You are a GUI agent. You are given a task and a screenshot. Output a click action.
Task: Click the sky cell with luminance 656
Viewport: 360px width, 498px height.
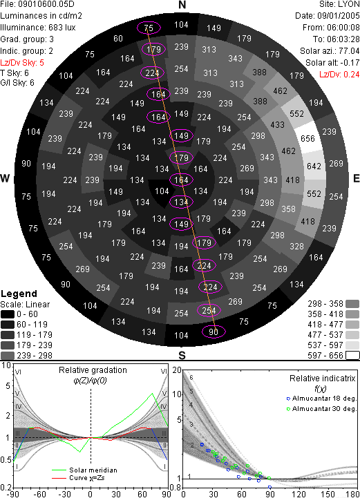[x=308, y=138]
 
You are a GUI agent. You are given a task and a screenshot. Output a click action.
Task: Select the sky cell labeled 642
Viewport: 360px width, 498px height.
[x=314, y=166]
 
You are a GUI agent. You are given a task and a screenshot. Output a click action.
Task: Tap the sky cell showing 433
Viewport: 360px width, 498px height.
[x=277, y=125]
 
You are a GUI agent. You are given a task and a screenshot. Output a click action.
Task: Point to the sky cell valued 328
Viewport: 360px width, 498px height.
[x=296, y=247]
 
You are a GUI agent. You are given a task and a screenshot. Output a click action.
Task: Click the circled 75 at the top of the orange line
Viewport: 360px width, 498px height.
[x=149, y=28]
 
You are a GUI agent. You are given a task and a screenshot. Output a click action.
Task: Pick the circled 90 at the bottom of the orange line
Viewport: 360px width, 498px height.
[x=214, y=332]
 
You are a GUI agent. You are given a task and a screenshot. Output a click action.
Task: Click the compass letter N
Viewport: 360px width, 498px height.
[x=182, y=5]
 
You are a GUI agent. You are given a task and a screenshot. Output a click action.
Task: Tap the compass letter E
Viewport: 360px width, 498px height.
[x=356, y=178]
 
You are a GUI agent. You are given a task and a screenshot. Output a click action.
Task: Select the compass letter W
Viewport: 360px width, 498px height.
[x=5, y=178]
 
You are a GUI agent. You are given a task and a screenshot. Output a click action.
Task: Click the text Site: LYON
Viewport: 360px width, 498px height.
[x=339, y=4]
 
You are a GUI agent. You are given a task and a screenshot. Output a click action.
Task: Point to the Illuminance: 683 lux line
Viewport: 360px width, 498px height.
[x=38, y=28]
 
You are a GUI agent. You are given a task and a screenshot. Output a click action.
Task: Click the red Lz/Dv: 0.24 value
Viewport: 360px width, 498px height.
[x=339, y=75]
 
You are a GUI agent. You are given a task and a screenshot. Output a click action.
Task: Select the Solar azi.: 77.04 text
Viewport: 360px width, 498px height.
[x=330, y=51]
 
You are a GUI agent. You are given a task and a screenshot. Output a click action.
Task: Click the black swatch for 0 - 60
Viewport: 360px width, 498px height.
[x=8, y=314]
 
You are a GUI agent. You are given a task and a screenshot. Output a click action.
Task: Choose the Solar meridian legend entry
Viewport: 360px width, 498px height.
[x=84, y=470]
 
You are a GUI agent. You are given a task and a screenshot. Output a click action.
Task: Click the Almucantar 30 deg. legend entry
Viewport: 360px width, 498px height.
[x=321, y=409]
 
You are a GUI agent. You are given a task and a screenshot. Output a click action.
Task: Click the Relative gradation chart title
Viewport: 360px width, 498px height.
[x=93, y=370]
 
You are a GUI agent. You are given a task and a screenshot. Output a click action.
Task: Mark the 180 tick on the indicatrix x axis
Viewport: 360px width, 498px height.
[x=353, y=494]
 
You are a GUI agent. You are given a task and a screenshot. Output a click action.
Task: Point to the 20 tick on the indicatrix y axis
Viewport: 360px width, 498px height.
[x=177, y=370]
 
